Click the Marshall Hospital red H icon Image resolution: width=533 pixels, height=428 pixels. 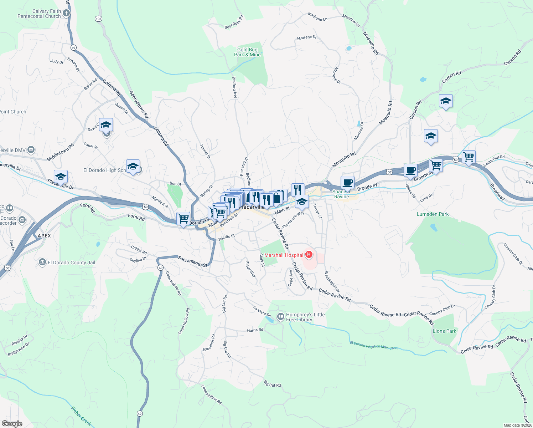point(309,255)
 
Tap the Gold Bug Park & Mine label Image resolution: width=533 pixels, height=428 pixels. point(247,52)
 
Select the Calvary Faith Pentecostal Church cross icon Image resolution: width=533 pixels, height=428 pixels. point(66,14)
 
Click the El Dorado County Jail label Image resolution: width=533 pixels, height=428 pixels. point(71,263)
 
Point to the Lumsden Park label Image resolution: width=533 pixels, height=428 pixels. point(433,214)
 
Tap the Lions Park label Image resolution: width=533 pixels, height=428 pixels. point(444,331)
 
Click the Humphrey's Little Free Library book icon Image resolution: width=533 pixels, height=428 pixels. point(281,316)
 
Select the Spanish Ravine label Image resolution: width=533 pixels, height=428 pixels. point(341,194)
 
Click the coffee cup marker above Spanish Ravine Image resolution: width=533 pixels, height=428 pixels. point(347,183)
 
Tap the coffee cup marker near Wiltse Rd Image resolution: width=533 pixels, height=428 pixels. point(410,170)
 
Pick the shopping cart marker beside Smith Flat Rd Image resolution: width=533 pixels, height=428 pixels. point(469,157)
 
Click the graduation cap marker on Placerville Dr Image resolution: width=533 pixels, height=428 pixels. point(61,177)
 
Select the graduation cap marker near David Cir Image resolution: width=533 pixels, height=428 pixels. point(106,125)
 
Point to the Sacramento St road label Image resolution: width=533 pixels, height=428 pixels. point(192,261)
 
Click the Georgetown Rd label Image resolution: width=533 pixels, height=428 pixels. point(138,105)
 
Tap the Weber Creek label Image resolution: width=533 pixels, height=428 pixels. point(81,416)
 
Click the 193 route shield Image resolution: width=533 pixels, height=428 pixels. point(99,19)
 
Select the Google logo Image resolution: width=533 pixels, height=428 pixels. point(12,424)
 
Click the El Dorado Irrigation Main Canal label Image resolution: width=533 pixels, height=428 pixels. point(374,345)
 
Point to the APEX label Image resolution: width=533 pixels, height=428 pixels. point(45,236)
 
